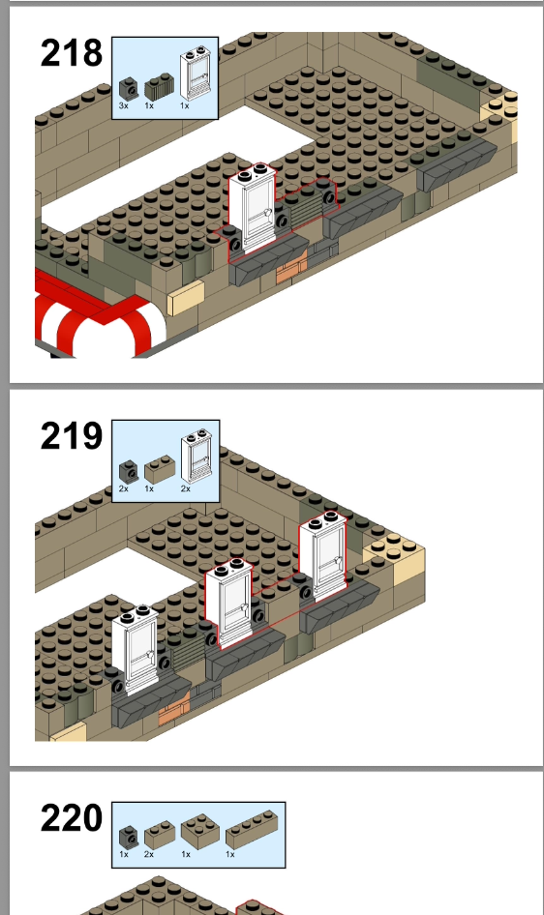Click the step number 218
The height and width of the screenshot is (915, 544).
72,53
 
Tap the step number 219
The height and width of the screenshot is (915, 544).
72,436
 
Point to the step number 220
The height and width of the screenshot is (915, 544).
72,818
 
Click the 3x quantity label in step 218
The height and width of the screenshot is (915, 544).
123,105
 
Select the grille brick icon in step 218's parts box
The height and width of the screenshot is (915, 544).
160,86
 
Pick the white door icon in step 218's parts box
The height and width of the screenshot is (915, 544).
196,73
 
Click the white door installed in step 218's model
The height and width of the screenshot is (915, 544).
252,207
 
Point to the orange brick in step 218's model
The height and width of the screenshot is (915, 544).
291,270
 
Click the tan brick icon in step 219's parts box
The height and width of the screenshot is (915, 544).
160,469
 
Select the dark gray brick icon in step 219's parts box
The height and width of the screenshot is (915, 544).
129,471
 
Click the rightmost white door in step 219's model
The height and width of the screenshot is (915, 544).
322,555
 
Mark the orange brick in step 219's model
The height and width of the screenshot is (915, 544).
174,711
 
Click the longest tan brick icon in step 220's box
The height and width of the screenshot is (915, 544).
252,829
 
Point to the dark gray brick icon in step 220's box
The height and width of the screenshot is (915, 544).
129,837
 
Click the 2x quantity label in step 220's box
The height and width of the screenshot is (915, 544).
149,854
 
